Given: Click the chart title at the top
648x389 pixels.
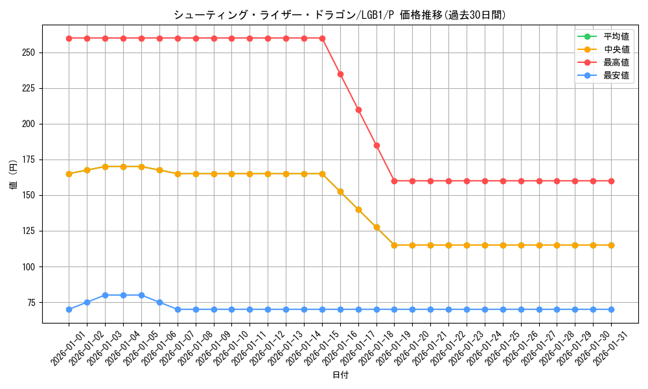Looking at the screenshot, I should (340, 15).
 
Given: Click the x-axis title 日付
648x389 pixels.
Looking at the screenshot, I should (340, 375).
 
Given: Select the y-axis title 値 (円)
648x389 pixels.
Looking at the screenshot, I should (14, 174).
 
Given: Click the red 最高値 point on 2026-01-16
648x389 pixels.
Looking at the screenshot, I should (340, 74).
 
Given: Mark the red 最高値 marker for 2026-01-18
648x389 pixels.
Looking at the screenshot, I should (376, 145).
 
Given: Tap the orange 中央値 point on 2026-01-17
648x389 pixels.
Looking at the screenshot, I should (358, 209).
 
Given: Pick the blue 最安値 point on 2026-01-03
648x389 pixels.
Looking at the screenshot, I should (105, 295).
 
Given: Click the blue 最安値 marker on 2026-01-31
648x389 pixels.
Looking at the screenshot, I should (611, 309).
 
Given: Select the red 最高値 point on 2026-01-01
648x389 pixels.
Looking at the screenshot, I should (69, 38).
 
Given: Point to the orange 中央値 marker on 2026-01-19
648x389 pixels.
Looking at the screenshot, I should (394, 245).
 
